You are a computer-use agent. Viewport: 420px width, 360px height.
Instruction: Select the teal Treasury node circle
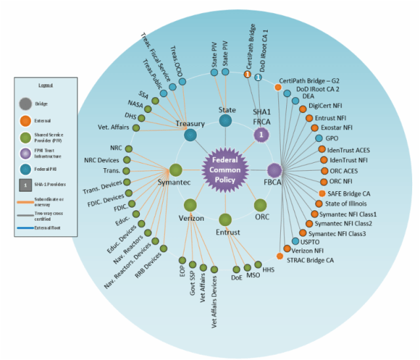point(191,135)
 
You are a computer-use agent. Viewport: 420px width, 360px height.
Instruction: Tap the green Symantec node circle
point(176,170)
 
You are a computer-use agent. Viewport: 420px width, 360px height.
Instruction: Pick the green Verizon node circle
point(190,205)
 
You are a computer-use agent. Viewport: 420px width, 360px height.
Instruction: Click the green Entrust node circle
point(225,219)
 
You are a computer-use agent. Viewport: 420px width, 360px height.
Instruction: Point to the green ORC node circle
point(261,205)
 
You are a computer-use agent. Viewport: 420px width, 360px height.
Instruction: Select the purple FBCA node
point(274,170)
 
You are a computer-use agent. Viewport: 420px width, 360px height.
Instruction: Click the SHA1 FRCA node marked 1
point(261,135)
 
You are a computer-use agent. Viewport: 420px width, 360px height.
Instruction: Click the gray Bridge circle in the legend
point(25,103)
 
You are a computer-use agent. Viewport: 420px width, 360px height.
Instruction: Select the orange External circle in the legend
point(25,120)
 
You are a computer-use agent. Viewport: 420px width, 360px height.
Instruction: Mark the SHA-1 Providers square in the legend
point(25,185)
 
